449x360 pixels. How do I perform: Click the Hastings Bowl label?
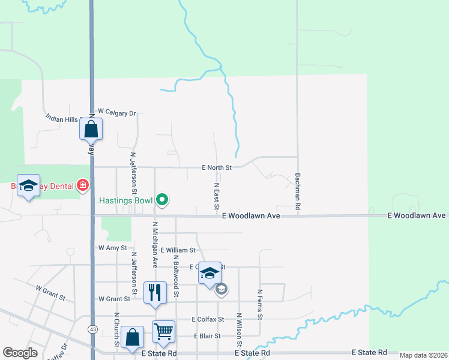click(127, 200)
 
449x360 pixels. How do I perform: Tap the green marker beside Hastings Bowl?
click(161, 200)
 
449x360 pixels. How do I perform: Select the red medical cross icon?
click(82, 186)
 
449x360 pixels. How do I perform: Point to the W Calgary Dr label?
click(118, 112)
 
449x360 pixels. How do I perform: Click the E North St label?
click(217, 167)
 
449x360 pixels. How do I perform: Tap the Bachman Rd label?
click(298, 192)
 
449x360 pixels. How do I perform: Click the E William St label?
click(178, 250)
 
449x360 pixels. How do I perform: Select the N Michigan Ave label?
click(155, 244)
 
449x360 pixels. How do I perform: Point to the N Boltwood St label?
click(176, 275)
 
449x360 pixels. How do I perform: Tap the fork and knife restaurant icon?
click(155, 292)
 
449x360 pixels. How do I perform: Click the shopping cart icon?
click(163, 331)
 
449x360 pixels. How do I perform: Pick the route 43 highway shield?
click(92, 329)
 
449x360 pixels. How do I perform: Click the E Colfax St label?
click(208, 319)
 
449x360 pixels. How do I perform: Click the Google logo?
click(20, 353)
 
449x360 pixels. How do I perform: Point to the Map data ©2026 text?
click(423, 355)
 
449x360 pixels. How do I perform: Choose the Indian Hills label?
click(62, 118)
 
